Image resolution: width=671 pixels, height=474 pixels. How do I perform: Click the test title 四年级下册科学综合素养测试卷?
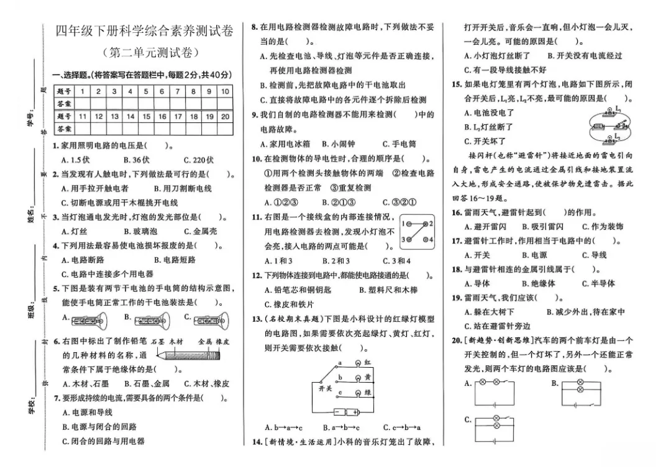pyautogui.click(x=145, y=31)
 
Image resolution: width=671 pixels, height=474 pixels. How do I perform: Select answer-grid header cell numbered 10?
pyautogui.click(x=225, y=91)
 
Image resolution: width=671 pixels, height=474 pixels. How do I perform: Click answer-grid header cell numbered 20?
pyautogui.click(x=225, y=116)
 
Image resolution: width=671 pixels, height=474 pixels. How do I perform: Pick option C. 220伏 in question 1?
pyautogui.click(x=198, y=160)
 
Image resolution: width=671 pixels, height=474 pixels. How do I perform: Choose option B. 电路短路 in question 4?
pyautogui.click(x=175, y=260)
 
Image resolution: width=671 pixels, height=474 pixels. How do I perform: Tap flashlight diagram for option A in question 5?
pyautogui.click(x=89, y=320)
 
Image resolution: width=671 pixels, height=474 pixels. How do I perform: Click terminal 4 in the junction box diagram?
pyautogui.click(x=430, y=240)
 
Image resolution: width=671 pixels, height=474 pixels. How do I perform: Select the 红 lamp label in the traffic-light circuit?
pyautogui.click(x=367, y=362)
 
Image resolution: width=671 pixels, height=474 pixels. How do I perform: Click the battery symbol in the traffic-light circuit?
pyautogui.click(x=347, y=412)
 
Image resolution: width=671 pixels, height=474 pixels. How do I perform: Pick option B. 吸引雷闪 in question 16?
pyautogui.click(x=542, y=227)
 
